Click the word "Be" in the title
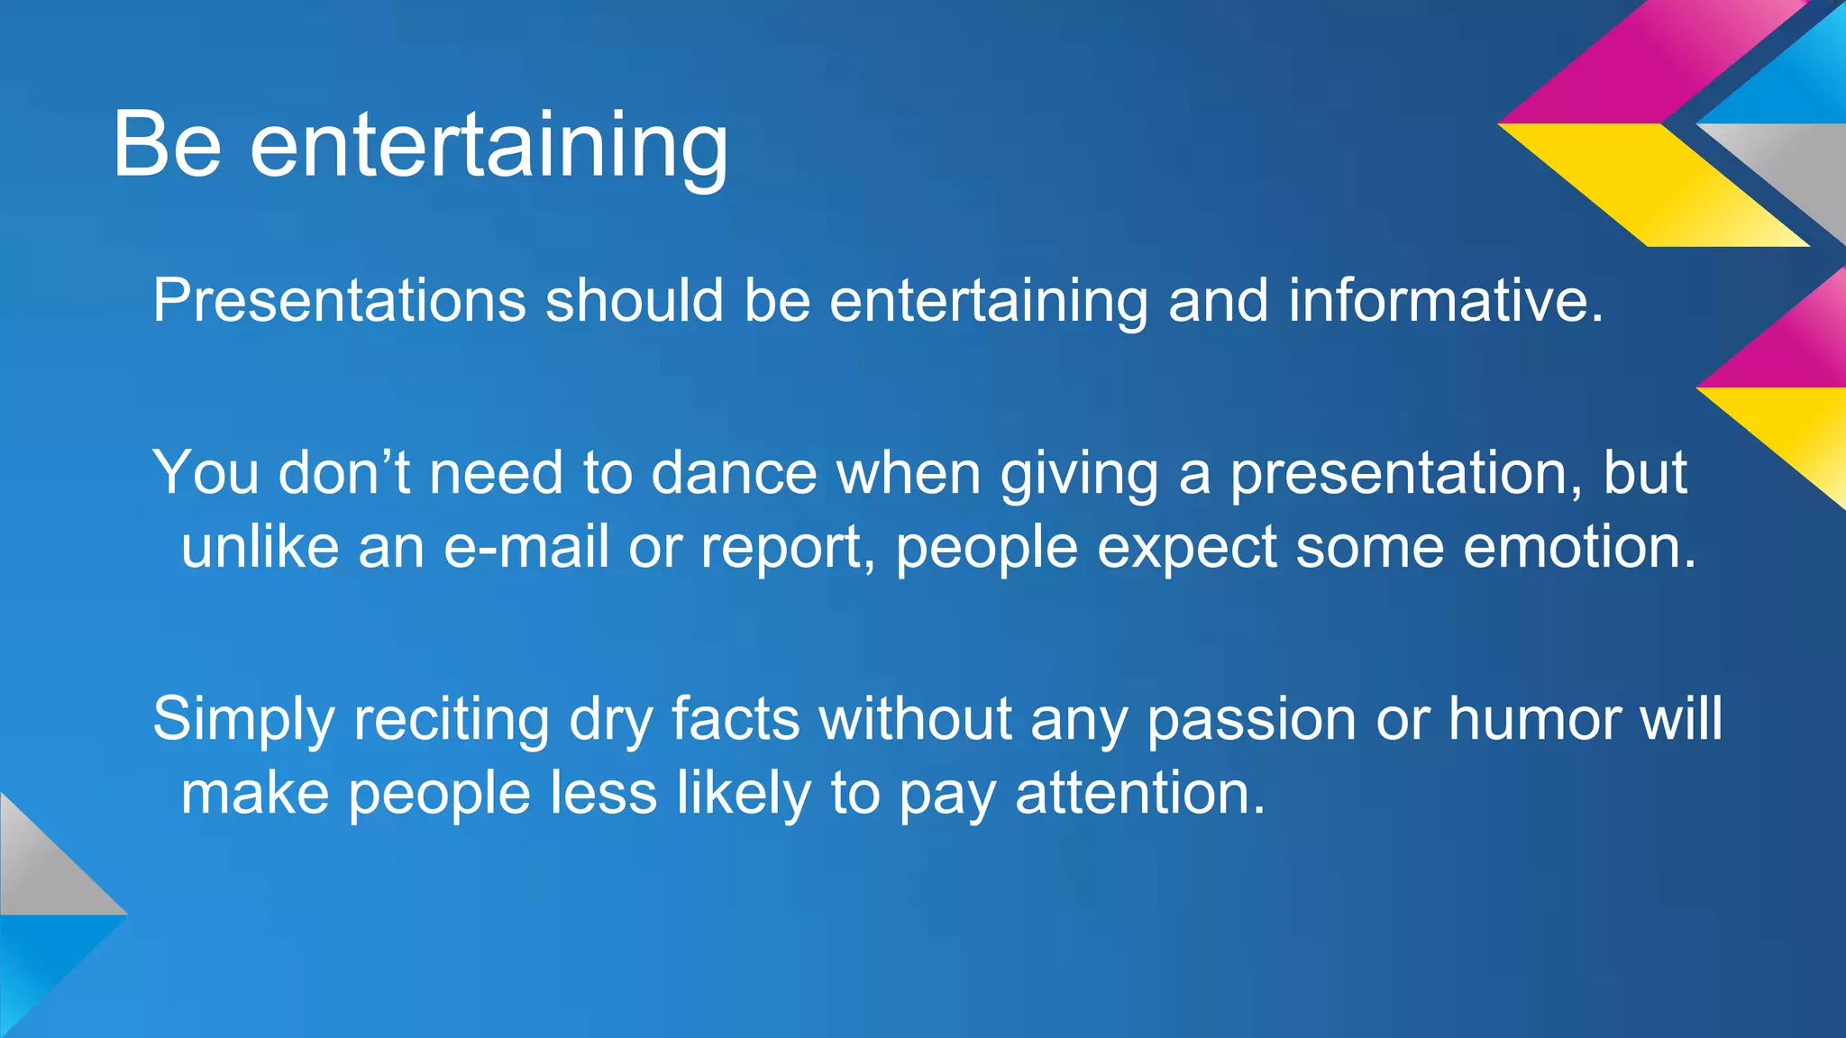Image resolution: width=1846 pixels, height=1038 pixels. [167, 144]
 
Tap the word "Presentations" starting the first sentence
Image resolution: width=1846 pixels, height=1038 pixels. [339, 300]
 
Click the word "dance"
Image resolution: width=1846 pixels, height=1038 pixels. [733, 473]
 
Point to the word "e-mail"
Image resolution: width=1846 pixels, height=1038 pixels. [525, 547]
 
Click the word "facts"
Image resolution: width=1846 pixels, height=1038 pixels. [735, 719]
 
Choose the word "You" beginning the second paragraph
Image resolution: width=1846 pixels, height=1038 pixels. [206, 473]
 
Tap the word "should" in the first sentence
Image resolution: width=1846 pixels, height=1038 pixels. [635, 300]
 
